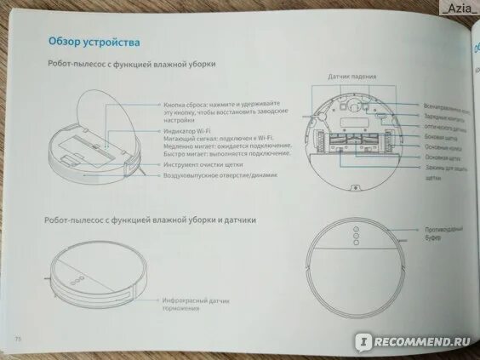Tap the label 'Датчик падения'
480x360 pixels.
click(x=351, y=77)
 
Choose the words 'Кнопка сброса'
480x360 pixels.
click(x=186, y=105)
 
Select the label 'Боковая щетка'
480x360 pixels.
click(x=443, y=137)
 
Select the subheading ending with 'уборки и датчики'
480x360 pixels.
click(x=150, y=220)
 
